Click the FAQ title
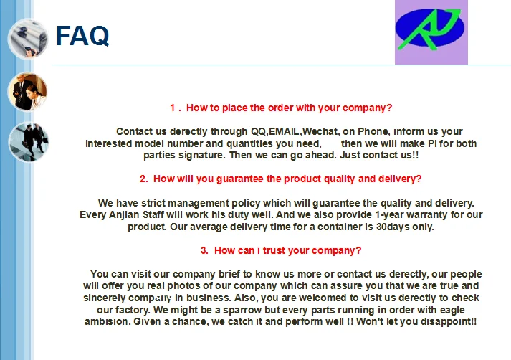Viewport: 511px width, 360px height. [82, 36]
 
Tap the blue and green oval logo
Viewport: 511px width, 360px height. [430, 29]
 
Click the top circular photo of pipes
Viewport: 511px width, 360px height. [28, 39]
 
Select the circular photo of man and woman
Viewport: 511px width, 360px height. [28, 92]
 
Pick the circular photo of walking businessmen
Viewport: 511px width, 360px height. [29, 142]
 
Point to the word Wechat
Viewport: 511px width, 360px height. [320, 131]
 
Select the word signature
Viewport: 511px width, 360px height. [201, 155]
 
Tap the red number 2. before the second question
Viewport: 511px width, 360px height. [144, 179]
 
